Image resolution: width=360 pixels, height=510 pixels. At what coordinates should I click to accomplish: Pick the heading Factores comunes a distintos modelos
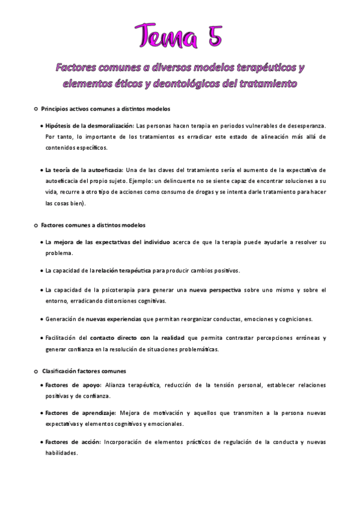click(x=93, y=225)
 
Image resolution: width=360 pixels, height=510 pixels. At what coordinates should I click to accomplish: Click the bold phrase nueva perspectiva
click(x=215, y=290)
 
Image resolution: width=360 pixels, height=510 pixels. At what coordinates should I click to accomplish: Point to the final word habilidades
click(x=61, y=453)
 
